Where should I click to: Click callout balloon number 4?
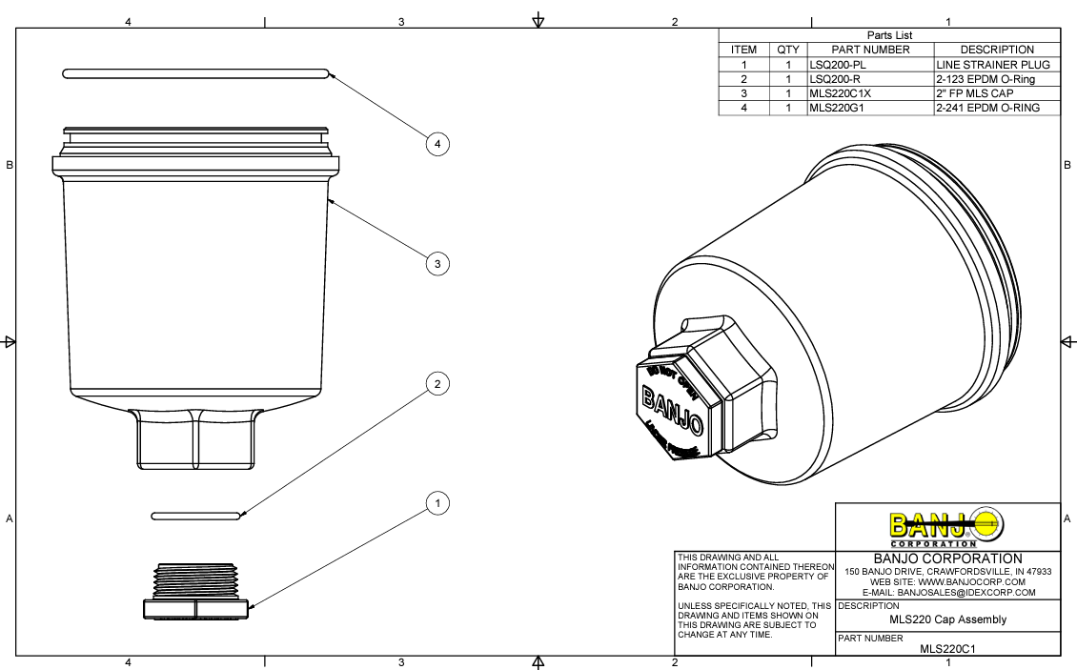[437, 144]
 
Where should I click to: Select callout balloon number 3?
[437, 263]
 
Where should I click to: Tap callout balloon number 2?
[437, 384]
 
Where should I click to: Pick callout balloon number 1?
[437, 502]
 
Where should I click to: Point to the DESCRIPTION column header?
[997, 50]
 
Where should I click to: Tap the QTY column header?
[788, 50]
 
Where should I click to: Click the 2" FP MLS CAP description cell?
[974, 94]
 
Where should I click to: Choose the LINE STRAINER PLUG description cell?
[992, 65]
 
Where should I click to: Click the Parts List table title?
[889, 35]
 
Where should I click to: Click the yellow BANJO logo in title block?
[946, 525]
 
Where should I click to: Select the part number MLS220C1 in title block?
[947, 649]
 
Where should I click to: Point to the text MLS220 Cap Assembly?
[947, 619]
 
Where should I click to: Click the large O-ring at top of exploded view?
[195, 72]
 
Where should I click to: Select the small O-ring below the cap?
[196, 516]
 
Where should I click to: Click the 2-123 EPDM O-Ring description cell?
[985, 79]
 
